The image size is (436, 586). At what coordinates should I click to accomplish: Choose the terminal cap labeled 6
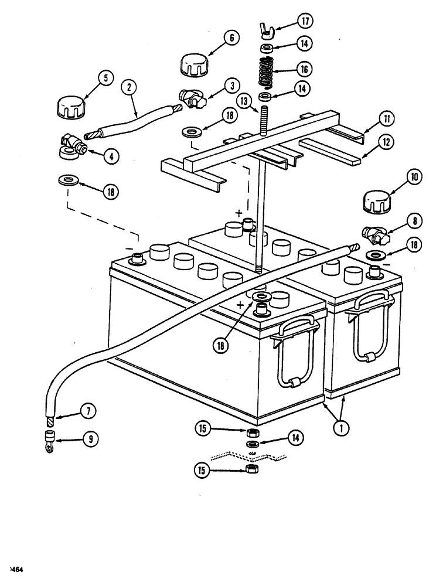tap(193, 62)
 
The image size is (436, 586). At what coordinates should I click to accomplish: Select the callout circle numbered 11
tap(384, 118)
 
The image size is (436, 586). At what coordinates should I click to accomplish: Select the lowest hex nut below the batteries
tap(251, 471)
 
